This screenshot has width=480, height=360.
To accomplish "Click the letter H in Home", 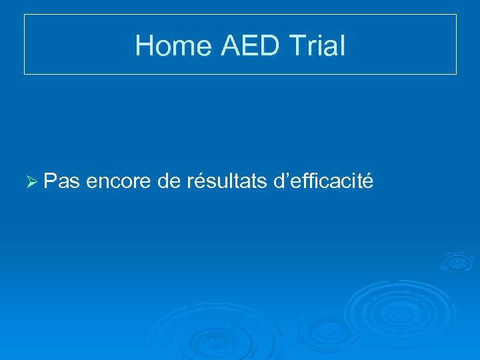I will [x=144, y=46].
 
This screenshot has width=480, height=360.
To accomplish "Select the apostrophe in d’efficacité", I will [x=285, y=175].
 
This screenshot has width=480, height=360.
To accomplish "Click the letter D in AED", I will [x=276, y=46].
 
